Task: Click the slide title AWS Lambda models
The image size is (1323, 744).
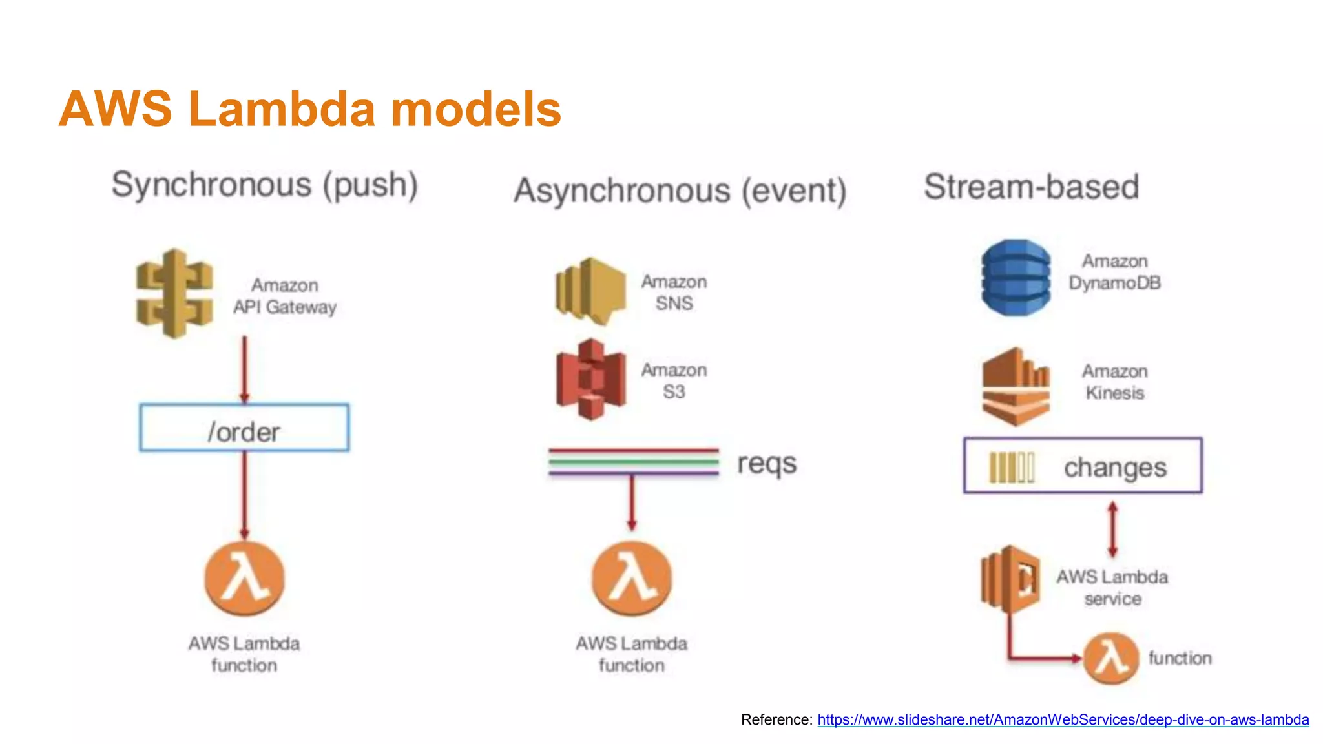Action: click(x=310, y=108)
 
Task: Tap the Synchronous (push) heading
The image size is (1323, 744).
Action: click(x=265, y=186)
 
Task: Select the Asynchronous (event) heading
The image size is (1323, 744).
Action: click(x=680, y=191)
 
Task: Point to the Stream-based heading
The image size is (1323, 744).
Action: click(x=1031, y=187)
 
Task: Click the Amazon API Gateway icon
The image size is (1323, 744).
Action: click(x=174, y=294)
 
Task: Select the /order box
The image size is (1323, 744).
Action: click(x=244, y=428)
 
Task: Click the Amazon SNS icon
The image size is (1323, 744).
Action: click(x=590, y=291)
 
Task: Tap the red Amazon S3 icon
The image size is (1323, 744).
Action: click(x=590, y=380)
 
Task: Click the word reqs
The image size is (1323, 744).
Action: click(x=767, y=464)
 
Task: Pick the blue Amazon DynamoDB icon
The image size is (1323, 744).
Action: click(x=1016, y=278)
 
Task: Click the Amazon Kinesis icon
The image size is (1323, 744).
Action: click(x=1016, y=386)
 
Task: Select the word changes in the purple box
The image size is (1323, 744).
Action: click(x=1115, y=468)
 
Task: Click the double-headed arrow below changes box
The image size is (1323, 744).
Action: click(x=1112, y=530)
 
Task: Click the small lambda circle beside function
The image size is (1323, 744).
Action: click(x=1110, y=658)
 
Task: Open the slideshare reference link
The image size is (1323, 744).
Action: click(x=1063, y=719)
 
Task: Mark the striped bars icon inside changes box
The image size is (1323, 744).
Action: click(x=1012, y=468)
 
